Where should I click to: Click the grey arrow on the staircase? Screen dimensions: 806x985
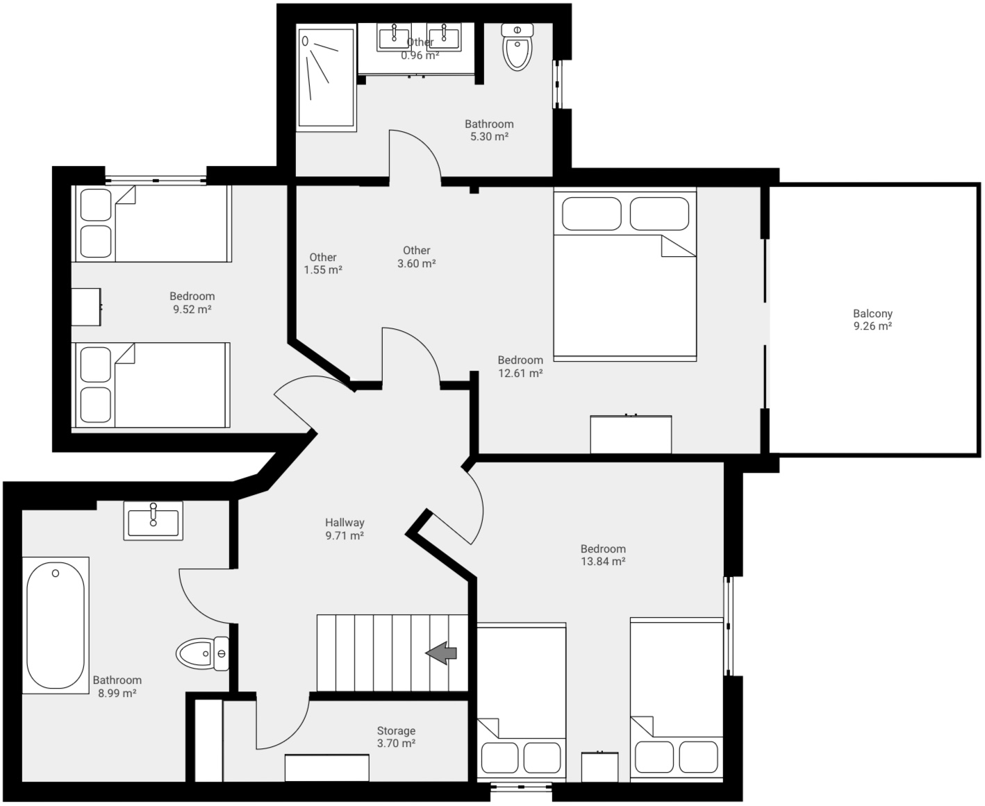tap(441, 653)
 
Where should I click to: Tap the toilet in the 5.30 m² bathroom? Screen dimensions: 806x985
tap(517, 47)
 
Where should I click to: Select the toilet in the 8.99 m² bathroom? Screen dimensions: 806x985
tap(202, 653)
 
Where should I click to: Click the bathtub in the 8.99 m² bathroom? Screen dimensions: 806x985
tap(56, 624)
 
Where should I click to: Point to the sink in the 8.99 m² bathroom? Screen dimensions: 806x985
tap(154, 520)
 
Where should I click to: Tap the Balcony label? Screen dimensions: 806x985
tap(872, 314)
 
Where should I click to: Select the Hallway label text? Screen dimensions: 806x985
tap(345, 523)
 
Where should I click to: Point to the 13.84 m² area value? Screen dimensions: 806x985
tap(603, 562)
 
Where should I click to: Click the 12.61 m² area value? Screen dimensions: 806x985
tap(520, 373)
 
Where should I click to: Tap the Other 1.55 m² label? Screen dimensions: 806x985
tap(323, 264)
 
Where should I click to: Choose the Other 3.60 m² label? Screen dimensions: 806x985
tap(417, 257)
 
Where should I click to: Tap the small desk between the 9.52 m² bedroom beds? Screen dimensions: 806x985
tap(86, 307)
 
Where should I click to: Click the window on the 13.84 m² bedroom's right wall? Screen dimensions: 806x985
tap(728, 626)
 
